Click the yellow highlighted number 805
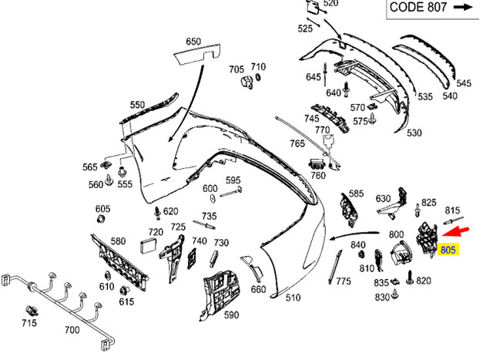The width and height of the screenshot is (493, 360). click(448, 249)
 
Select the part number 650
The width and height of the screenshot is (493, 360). click(193, 42)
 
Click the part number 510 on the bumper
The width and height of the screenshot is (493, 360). click(293, 297)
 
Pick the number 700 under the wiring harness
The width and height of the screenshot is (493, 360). click(72, 330)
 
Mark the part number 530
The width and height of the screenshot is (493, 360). click(414, 133)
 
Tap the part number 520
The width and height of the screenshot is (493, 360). click(330, 4)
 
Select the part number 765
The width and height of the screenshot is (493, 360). click(297, 144)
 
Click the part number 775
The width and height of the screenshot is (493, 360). click(344, 281)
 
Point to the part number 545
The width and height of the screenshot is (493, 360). click(464, 83)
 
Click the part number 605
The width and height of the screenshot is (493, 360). click(102, 209)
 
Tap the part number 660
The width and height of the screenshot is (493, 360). click(258, 289)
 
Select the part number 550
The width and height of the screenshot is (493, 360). click(137, 105)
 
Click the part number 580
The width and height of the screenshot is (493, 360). click(118, 241)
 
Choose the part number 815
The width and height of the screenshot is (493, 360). click(453, 210)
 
